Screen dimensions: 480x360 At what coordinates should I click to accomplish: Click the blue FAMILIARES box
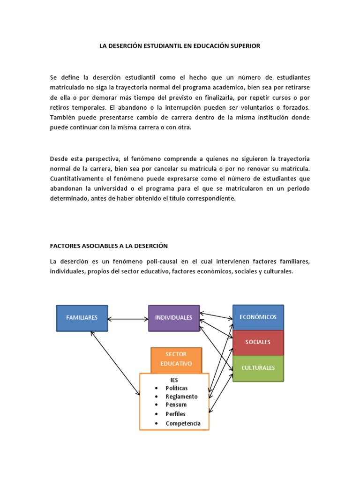[x=82, y=318]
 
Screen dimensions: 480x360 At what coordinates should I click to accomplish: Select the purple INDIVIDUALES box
[x=173, y=318]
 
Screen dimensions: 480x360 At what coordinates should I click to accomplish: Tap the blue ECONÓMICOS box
[x=258, y=317]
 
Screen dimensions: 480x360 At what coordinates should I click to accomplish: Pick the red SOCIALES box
[x=258, y=342]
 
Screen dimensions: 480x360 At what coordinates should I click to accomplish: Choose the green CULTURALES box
[x=258, y=368]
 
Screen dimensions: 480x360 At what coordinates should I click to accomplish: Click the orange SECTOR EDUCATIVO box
[x=176, y=359]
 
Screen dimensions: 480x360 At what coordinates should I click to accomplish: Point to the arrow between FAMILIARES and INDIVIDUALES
[x=128, y=319]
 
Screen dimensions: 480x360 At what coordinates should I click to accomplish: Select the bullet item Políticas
[x=177, y=388]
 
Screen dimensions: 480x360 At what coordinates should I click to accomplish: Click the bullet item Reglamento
[x=181, y=397]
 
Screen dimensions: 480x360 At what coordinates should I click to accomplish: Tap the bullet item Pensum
[x=176, y=405]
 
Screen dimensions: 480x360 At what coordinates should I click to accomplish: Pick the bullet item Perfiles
[x=176, y=414]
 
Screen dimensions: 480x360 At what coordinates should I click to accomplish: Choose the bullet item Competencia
[x=183, y=423]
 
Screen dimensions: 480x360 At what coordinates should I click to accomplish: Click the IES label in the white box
[x=174, y=380]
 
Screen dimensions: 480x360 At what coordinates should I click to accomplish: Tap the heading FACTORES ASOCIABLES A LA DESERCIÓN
[x=109, y=246]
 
